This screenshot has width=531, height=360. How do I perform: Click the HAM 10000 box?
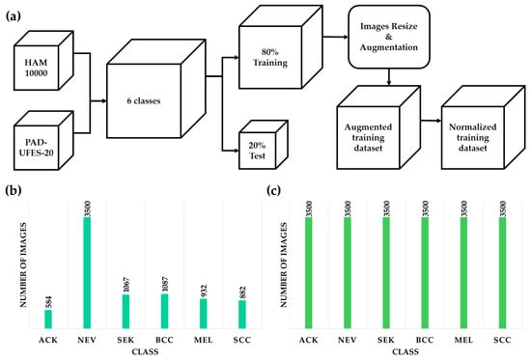click(43, 61)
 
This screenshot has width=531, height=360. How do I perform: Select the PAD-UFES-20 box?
click(43, 141)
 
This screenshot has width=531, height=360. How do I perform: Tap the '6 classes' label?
click(144, 101)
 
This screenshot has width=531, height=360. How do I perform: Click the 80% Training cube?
click(281, 47)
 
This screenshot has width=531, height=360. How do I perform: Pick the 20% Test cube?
click(264, 145)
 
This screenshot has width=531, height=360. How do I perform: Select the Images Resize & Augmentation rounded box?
click(389, 37)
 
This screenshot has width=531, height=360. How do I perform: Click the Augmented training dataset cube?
click(378, 127)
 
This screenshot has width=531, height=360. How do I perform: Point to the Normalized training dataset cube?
click(484, 127)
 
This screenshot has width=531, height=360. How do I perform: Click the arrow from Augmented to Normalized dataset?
click(431, 121)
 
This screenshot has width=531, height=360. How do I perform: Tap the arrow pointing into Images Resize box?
click(335, 37)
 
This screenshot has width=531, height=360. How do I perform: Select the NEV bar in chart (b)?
click(87, 272)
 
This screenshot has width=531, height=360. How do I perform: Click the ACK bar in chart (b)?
click(48, 319)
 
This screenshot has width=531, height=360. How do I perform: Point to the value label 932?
click(204, 291)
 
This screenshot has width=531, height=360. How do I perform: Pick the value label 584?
click(49, 302)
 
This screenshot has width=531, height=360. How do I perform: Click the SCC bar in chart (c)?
click(502, 272)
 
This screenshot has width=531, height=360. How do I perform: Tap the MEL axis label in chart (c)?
click(463, 340)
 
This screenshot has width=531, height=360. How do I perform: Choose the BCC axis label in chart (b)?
click(164, 340)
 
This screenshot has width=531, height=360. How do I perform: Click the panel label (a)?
click(14, 15)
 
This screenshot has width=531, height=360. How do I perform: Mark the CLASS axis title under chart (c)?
click(405, 352)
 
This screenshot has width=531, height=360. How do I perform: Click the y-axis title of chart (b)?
click(23, 264)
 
